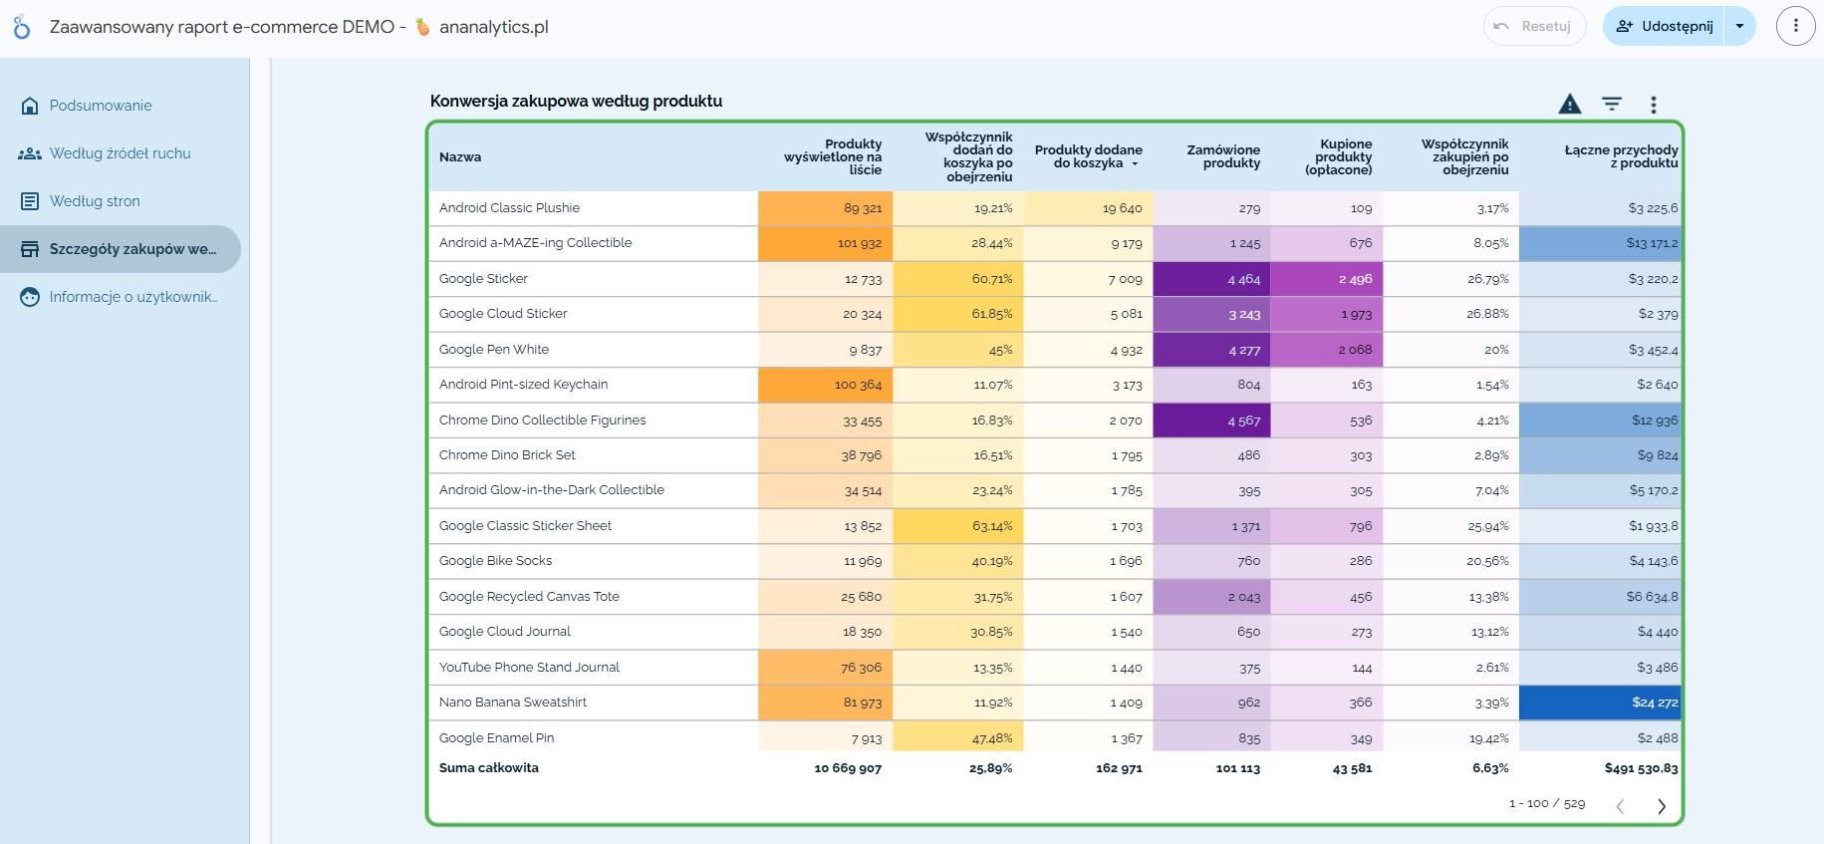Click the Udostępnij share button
click(x=1665, y=26)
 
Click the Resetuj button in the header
click(x=1534, y=26)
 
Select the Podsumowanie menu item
click(x=101, y=106)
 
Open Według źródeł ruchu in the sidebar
click(x=120, y=153)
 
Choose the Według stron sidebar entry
click(x=95, y=201)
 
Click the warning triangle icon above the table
click(x=1570, y=104)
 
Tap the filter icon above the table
click(x=1612, y=104)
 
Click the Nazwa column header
click(x=460, y=156)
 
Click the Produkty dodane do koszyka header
click(x=1088, y=156)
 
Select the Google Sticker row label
click(x=483, y=279)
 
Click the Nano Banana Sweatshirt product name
click(x=513, y=703)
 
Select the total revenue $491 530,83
click(x=1641, y=768)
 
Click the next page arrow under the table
click(x=1662, y=806)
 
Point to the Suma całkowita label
click(x=488, y=768)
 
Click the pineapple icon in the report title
click(x=422, y=27)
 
